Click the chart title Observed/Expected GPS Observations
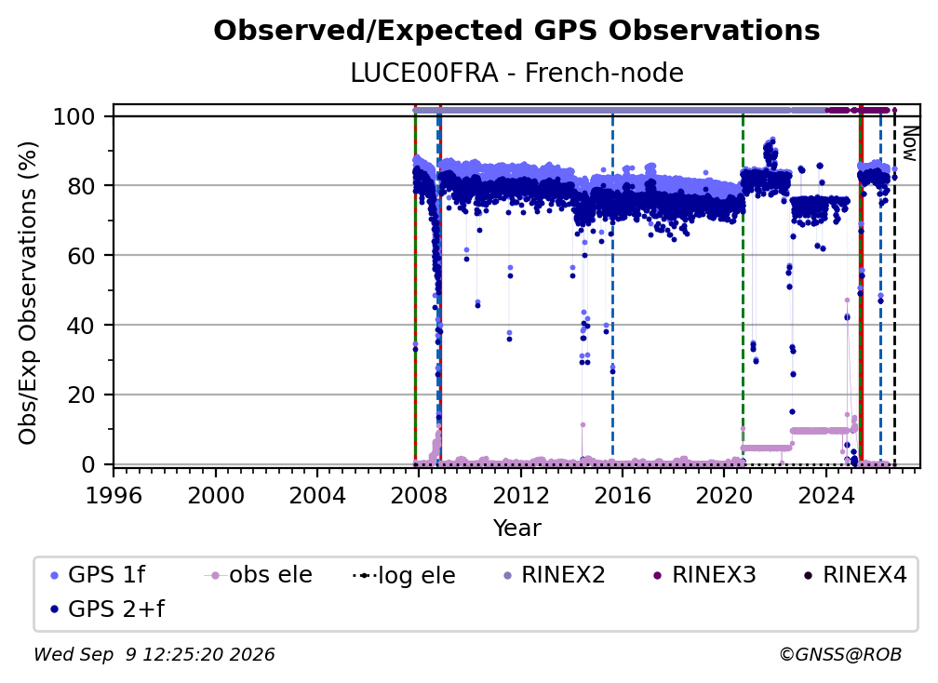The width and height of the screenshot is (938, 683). pos(516,31)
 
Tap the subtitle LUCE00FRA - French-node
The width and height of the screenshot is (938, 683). pos(516,73)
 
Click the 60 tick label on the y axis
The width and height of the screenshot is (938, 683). pos(81,255)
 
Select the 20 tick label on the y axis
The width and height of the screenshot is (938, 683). pos(81,395)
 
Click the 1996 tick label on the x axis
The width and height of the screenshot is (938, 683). pos(114,496)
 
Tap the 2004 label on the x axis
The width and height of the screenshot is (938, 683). pos(317,496)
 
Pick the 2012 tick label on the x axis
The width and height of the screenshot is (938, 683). pos(520,496)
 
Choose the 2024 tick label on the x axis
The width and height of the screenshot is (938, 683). pos(825,496)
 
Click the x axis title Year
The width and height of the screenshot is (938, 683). pos(516,529)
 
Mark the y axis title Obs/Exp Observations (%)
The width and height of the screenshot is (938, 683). pos(28,293)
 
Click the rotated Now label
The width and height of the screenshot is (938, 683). pos(909,143)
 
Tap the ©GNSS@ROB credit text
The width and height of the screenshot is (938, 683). pos(840,654)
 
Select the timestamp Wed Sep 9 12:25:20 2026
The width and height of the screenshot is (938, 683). pos(154,654)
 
